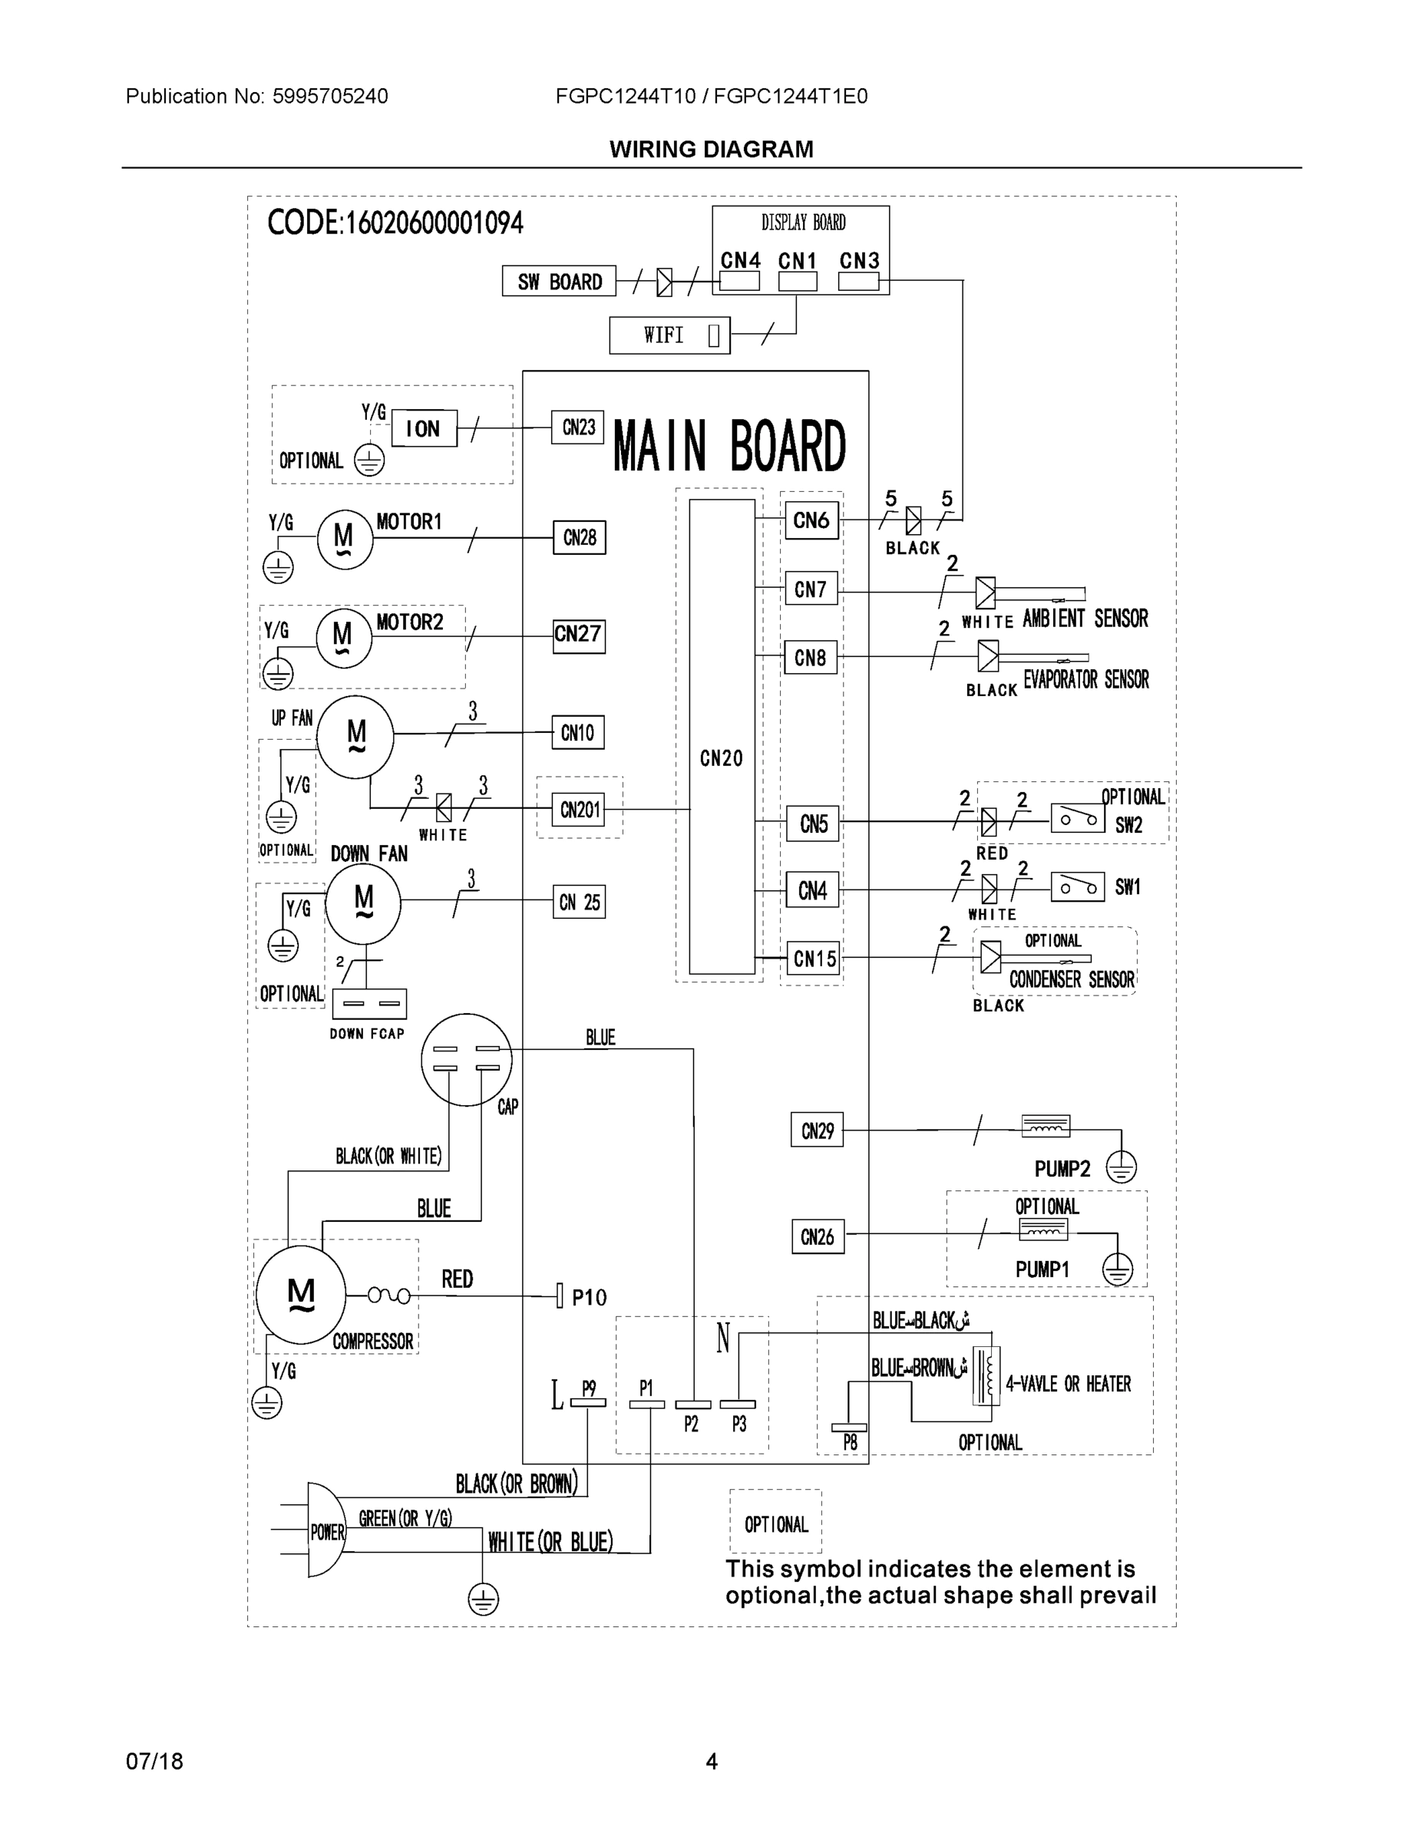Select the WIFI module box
click(x=669, y=335)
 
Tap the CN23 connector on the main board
click(x=578, y=427)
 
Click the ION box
click(x=424, y=428)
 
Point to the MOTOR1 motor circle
click(x=344, y=538)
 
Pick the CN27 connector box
click(x=578, y=634)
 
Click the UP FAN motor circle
click(x=355, y=736)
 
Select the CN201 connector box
click(x=580, y=810)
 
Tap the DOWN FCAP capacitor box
click(x=368, y=1004)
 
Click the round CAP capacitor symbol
click(x=466, y=1059)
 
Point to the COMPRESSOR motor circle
click(x=300, y=1295)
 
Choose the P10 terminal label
click(x=589, y=1297)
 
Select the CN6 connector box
click(x=811, y=520)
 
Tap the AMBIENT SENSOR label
click(x=1085, y=619)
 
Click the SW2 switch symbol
click(x=1077, y=818)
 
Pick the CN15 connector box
click(x=814, y=958)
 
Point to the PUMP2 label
click(x=1062, y=1169)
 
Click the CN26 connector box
click(x=817, y=1236)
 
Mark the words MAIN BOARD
click(x=729, y=446)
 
